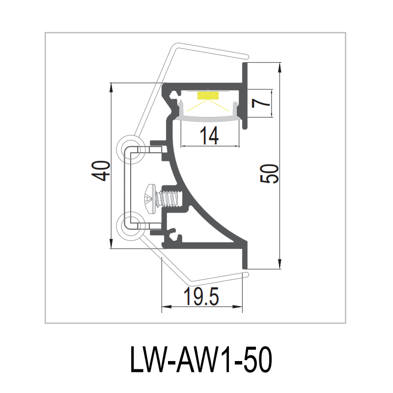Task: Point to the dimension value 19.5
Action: (x=202, y=297)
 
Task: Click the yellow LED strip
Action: (x=208, y=95)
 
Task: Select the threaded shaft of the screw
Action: (x=168, y=198)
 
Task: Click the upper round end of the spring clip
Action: (x=131, y=148)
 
